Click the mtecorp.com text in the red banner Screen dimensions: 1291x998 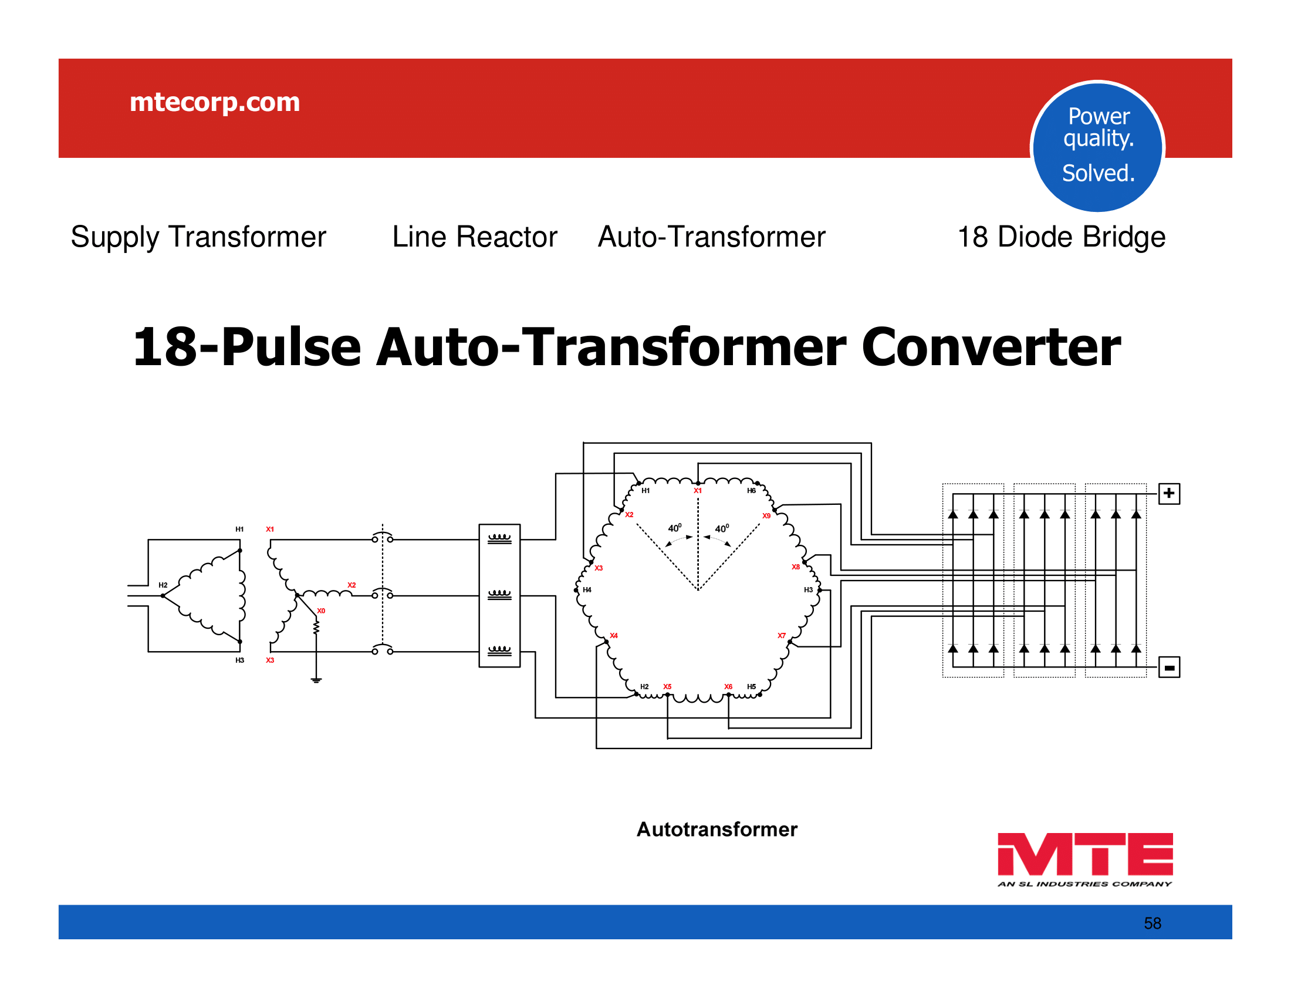(x=215, y=102)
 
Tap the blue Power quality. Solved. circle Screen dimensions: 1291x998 (x=1098, y=146)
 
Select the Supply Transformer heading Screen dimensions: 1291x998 (x=198, y=237)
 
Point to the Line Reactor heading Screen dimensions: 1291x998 (x=475, y=237)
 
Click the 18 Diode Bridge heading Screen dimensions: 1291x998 (x=1061, y=237)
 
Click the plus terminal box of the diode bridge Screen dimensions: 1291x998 (x=1168, y=494)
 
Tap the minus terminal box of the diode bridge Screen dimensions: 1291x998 (x=1168, y=667)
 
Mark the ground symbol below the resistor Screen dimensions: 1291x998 (x=316, y=680)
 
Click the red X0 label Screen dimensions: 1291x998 (x=321, y=611)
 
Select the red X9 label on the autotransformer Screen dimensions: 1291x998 (x=766, y=515)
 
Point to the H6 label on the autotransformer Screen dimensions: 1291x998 (x=751, y=490)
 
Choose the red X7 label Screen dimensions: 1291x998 (x=782, y=636)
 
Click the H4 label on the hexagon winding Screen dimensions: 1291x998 (x=587, y=589)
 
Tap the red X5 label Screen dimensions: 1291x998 (x=667, y=686)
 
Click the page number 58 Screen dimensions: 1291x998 (x=1152, y=923)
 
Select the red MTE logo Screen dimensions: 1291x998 (x=1084, y=858)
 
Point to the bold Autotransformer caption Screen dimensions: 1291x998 (x=717, y=830)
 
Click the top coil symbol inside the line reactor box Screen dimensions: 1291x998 (x=499, y=538)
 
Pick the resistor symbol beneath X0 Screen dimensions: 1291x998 (x=316, y=627)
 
